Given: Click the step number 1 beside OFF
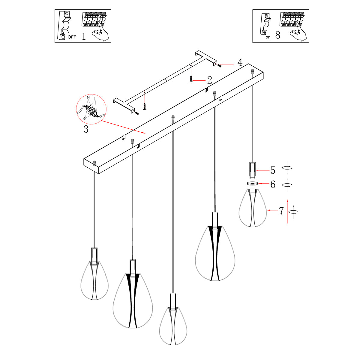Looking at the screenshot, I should click(84, 36).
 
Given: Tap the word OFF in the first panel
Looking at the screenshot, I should click(72, 37).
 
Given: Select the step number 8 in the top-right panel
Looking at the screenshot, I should click(277, 35).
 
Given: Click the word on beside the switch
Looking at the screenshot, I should click(268, 37).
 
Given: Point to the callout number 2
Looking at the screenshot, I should click(209, 80).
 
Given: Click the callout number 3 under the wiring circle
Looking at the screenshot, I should click(86, 130).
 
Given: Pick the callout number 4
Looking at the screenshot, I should click(240, 63).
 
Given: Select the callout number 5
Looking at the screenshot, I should click(273, 170).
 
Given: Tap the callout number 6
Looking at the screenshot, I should click(273, 184).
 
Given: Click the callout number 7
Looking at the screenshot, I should click(281, 211).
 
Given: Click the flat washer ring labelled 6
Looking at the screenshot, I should click(252, 183).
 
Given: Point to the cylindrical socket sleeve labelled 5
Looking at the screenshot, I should click(252, 170).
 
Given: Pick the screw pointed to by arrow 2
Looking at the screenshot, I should click(191, 79).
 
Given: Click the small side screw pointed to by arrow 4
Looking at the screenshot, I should click(220, 65).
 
